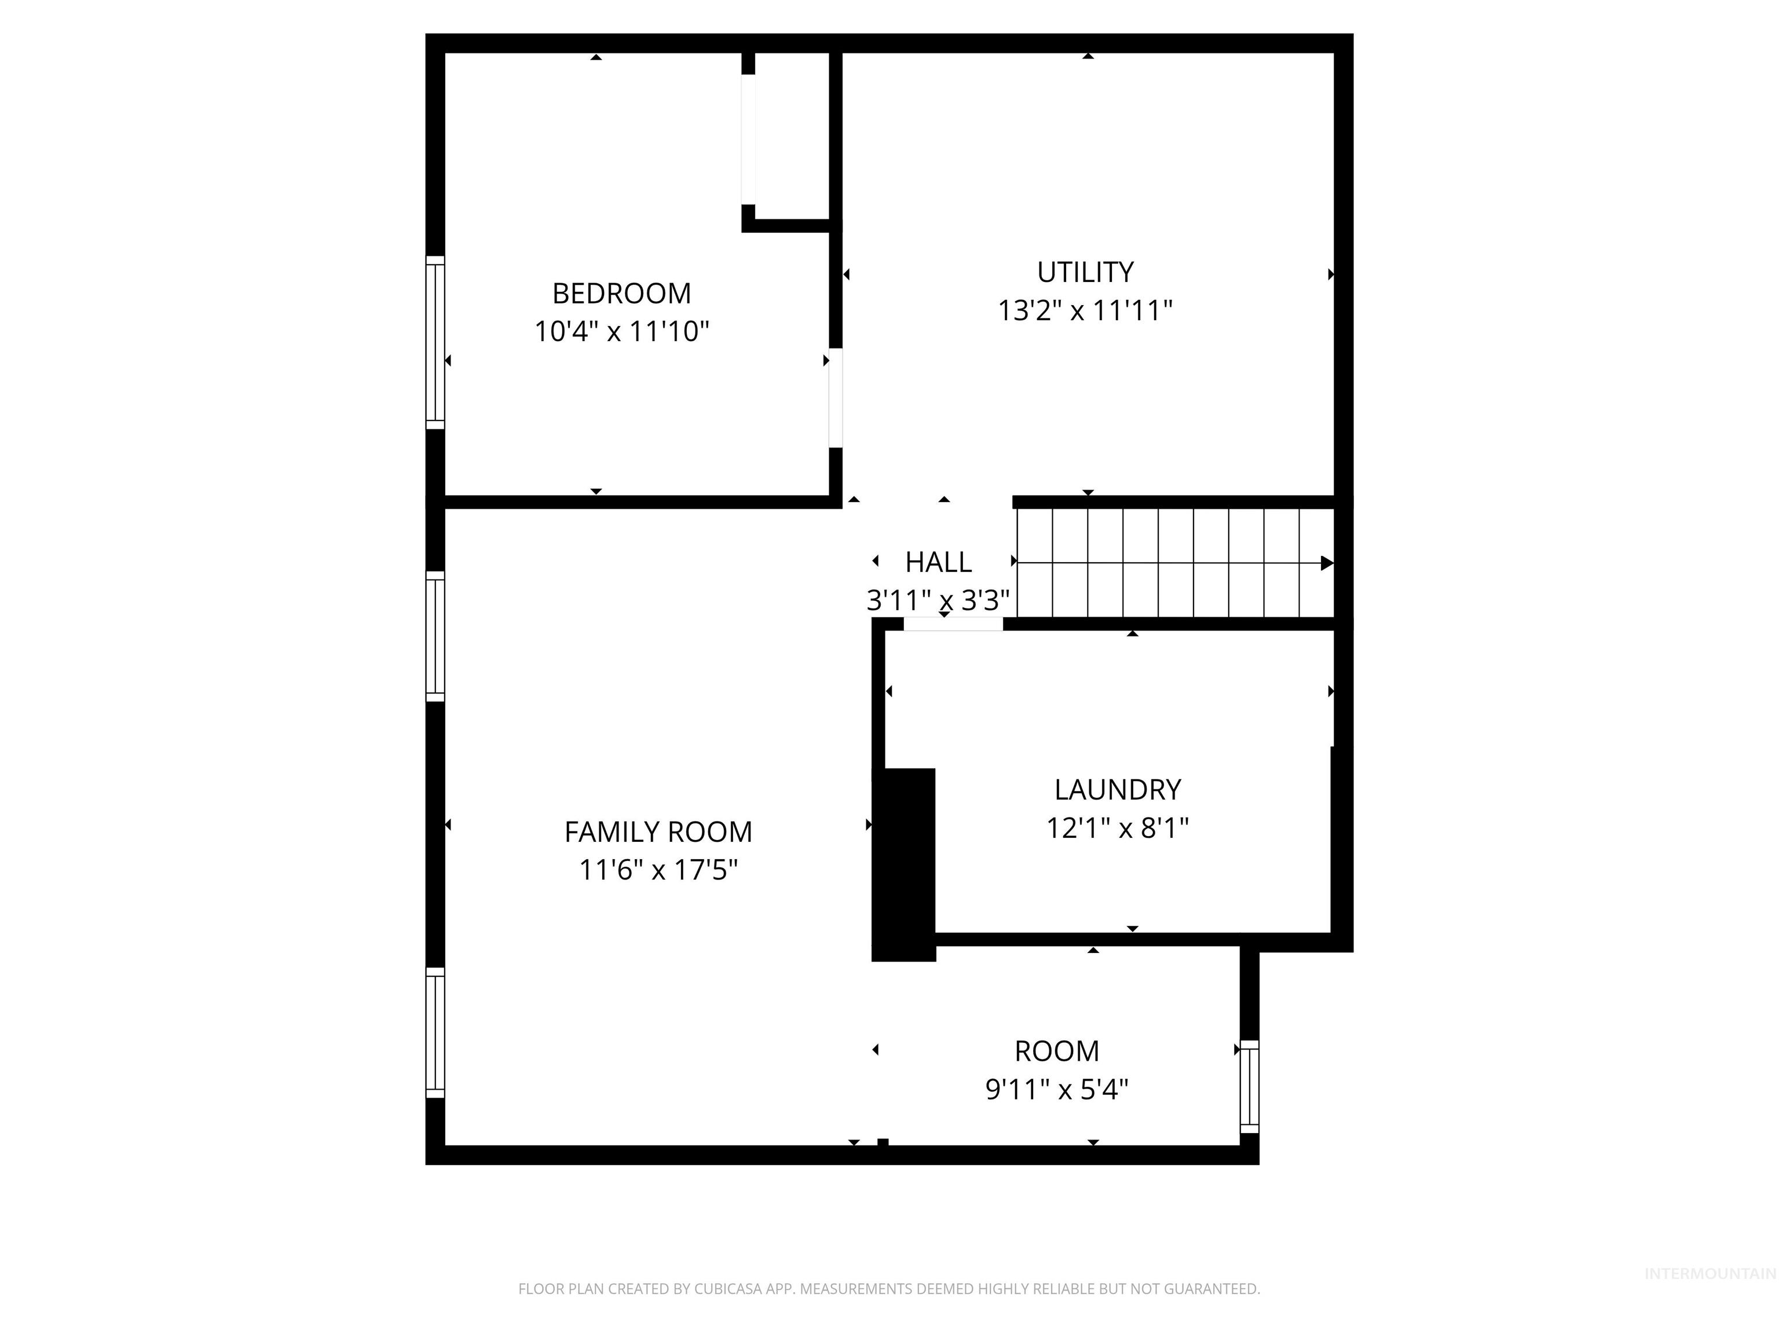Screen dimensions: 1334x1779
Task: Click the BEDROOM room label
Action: [x=621, y=294]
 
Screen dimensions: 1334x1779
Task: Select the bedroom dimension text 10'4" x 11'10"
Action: [x=621, y=331]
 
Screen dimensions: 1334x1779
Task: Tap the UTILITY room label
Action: [x=1085, y=273]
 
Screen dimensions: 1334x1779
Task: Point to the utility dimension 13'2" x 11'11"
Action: [x=1085, y=310]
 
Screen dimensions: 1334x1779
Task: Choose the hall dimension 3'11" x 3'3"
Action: [x=938, y=600]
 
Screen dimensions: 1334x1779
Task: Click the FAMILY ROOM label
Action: [x=658, y=831]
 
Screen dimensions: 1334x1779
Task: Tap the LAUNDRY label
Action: [x=1117, y=790]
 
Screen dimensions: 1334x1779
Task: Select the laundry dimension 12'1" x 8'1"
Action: [x=1117, y=827]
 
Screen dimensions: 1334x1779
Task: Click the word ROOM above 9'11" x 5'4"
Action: [x=1056, y=1051]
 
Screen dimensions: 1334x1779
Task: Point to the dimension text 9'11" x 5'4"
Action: [x=1056, y=1090]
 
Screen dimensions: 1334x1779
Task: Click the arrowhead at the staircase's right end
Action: [x=1326, y=563]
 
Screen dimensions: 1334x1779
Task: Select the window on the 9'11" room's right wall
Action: [x=1249, y=1086]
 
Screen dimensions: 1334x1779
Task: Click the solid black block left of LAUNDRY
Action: [x=904, y=864]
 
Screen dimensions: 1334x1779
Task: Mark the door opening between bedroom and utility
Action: [x=836, y=398]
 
